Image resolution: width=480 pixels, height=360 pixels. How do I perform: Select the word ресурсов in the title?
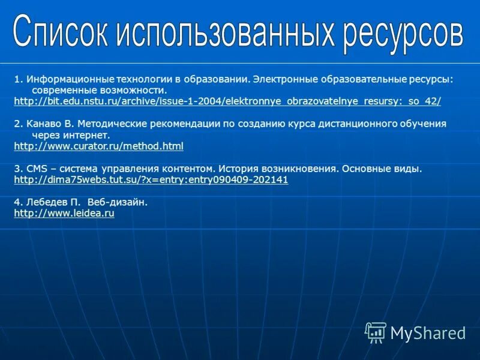pyautogui.click(x=403, y=33)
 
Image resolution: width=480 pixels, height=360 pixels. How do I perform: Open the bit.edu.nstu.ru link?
pyautogui.click(x=227, y=101)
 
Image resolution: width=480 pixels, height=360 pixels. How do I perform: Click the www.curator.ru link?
pyautogui.click(x=98, y=146)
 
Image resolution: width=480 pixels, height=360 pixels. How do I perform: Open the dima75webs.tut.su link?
pyautogui.click(x=151, y=179)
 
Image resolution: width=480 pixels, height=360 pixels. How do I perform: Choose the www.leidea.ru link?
pyautogui.click(x=64, y=213)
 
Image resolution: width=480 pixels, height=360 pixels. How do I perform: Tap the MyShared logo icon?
pyautogui.click(x=376, y=332)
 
